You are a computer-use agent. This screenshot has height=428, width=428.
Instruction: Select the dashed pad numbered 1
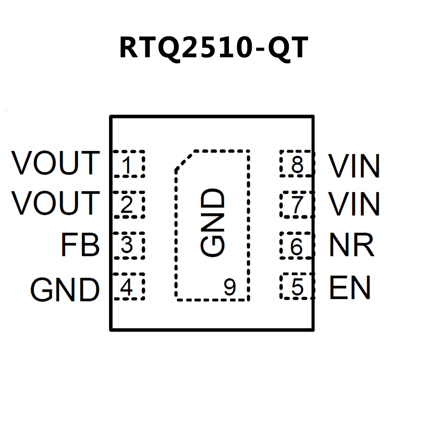click(x=129, y=164)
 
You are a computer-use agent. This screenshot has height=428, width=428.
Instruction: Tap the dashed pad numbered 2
click(x=129, y=205)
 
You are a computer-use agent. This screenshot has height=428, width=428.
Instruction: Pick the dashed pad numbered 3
click(x=129, y=245)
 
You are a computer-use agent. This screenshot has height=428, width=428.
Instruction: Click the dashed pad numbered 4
click(x=129, y=286)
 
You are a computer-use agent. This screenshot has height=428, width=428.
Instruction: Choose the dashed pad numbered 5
click(x=297, y=286)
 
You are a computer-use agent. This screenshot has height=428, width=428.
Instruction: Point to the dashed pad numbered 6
click(x=297, y=245)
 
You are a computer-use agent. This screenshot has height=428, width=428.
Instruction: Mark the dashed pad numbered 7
click(x=297, y=205)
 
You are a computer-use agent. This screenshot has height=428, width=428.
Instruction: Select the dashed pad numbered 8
click(x=297, y=164)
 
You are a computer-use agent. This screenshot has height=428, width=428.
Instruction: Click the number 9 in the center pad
click(x=230, y=287)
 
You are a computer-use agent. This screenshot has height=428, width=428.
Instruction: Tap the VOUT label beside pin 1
click(x=55, y=163)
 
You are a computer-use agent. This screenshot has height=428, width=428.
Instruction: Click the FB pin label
click(x=80, y=245)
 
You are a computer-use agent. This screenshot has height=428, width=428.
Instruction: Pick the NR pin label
click(x=351, y=245)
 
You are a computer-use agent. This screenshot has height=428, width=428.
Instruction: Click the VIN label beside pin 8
click(x=354, y=166)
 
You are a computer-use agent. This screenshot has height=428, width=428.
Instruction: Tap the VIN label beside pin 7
click(x=354, y=204)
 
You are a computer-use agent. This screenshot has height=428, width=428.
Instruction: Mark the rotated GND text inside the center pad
click(x=212, y=222)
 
